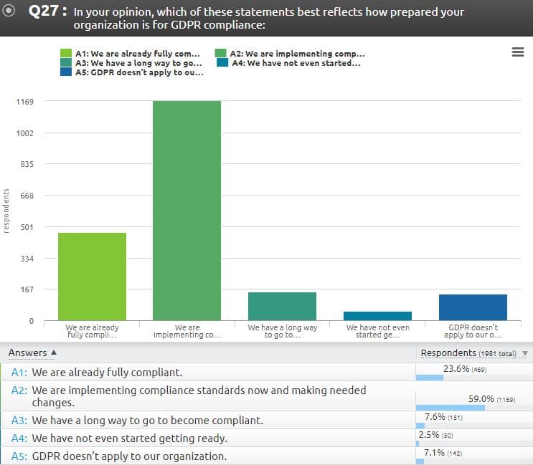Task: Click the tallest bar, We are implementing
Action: (187, 211)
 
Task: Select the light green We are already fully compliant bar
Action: (92, 277)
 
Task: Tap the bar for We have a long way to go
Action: (282, 307)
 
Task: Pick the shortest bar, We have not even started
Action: (377, 316)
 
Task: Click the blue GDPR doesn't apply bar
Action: (473, 307)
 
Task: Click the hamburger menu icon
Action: (518, 52)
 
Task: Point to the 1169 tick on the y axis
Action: (25, 102)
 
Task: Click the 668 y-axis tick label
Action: (25, 196)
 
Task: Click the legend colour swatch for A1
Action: (67, 54)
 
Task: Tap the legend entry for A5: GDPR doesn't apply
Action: (139, 72)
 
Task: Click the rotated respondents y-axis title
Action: (6, 211)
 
